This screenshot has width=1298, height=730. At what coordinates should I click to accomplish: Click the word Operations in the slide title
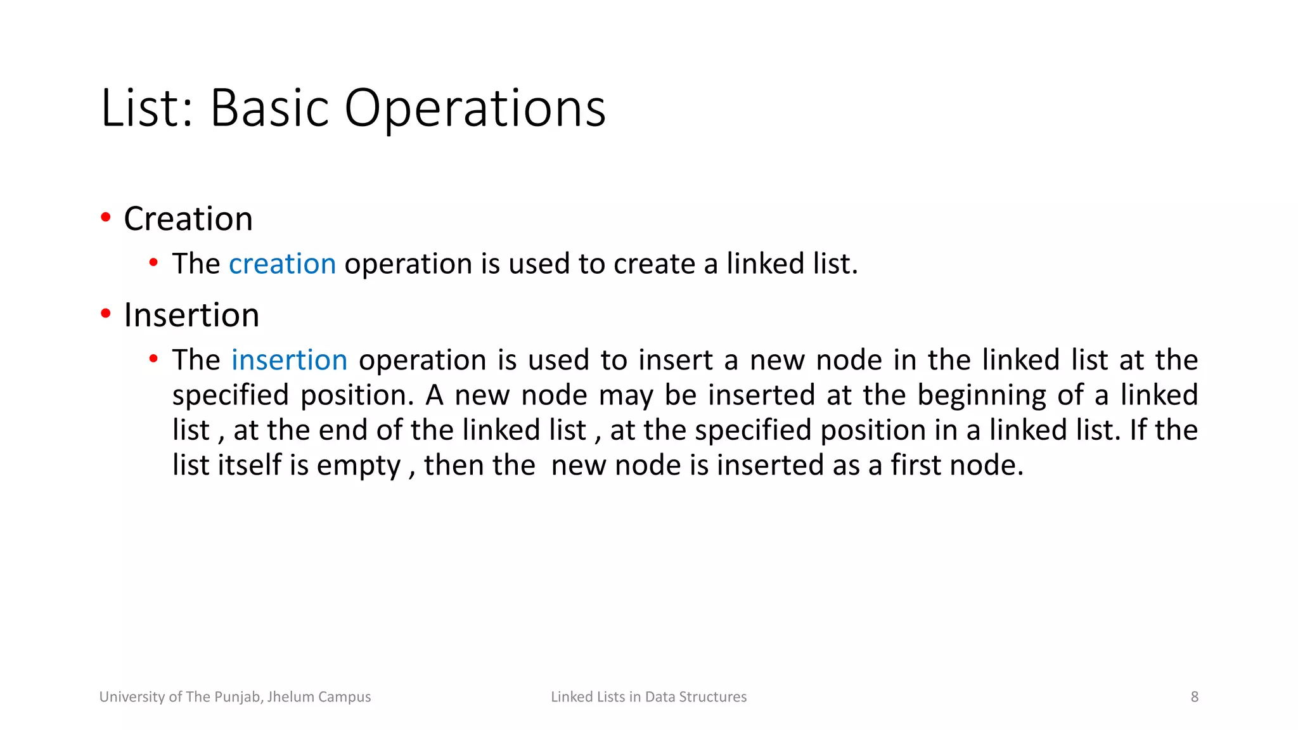475,109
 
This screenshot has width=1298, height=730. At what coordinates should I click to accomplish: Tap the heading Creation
188,219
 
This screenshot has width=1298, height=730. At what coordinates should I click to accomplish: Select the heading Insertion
191,316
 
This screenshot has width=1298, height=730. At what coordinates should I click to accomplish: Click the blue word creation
282,264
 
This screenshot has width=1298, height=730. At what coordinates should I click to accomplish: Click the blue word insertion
289,361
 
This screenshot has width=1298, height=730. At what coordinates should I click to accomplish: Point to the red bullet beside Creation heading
106,218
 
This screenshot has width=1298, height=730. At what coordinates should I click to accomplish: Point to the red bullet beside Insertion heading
106,314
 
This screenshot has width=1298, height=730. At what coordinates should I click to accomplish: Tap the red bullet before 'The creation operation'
153,263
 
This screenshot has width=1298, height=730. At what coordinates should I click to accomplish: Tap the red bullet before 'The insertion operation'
153,359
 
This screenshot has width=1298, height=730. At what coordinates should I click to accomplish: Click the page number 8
1194,697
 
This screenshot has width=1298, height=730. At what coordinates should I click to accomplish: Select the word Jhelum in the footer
290,697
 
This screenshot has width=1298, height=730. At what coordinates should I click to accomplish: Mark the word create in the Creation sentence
654,264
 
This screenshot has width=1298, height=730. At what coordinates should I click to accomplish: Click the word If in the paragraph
1138,430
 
